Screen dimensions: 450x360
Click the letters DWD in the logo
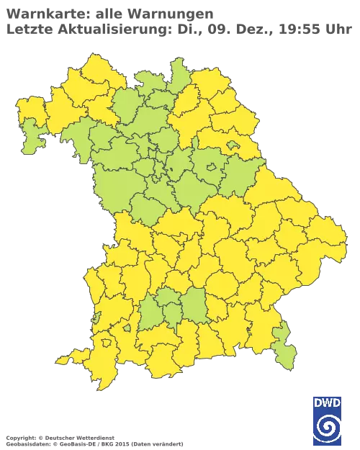pyautogui.click(x=327, y=405)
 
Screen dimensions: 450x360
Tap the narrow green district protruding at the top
pyautogui.click(x=177, y=72)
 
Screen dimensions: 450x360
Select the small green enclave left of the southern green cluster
pyautogui.click(x=127, y=328)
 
